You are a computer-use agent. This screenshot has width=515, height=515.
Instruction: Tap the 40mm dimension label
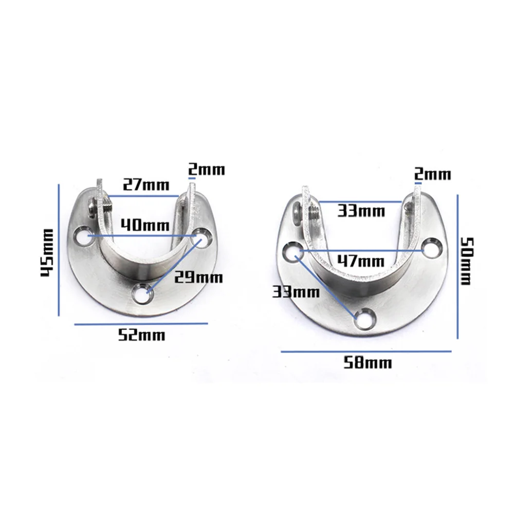142,225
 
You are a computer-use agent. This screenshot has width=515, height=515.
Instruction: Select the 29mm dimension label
198,278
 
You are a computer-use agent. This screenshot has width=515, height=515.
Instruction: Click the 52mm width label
141,336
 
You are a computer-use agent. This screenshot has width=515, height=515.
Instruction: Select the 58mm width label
367,363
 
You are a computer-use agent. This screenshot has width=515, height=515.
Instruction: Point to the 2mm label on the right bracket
433,174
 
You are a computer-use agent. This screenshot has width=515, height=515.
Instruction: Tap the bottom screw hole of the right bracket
364,318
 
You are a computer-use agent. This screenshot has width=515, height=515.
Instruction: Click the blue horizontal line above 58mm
366,352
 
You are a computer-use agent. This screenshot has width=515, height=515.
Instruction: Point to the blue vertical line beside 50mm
457,266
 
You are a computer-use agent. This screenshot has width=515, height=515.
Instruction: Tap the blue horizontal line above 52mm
141,324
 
